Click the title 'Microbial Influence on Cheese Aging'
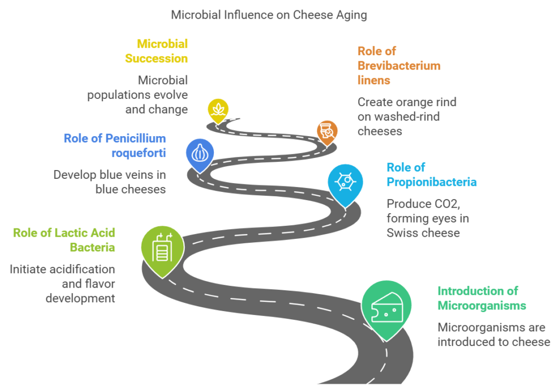point(269,15)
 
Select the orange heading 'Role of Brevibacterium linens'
point(399,66)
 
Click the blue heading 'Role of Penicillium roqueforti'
point(115,145)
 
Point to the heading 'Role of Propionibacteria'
point(431,174)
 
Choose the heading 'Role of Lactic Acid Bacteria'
point(64,240)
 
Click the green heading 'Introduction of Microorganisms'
point(482,298)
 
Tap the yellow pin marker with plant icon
point(218,109)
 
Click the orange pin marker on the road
point(327,131)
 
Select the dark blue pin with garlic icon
point(200,153)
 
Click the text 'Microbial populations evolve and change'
point(138,95)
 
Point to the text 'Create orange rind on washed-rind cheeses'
point(407,116)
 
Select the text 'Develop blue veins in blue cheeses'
point(109,182)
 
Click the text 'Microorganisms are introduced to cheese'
point(493,335)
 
